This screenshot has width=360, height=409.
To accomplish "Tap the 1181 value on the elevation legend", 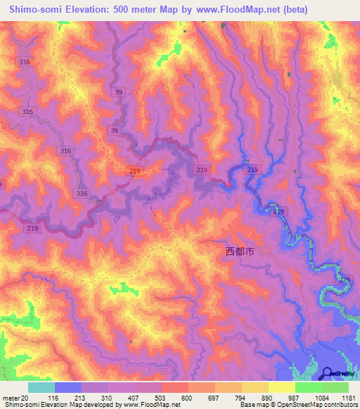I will [349, 398].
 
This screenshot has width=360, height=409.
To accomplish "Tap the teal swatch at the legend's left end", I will [41, 387].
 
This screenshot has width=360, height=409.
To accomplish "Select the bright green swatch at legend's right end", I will [335, 387].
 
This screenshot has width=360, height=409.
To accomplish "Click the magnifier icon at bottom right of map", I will [328, 372].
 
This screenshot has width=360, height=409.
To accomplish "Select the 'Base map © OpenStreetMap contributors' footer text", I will [298, 405].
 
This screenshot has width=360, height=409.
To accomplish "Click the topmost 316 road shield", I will [26, 63].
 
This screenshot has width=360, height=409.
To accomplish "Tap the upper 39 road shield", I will [119, 92].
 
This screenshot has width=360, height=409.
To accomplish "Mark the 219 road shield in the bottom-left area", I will [32, 228].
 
